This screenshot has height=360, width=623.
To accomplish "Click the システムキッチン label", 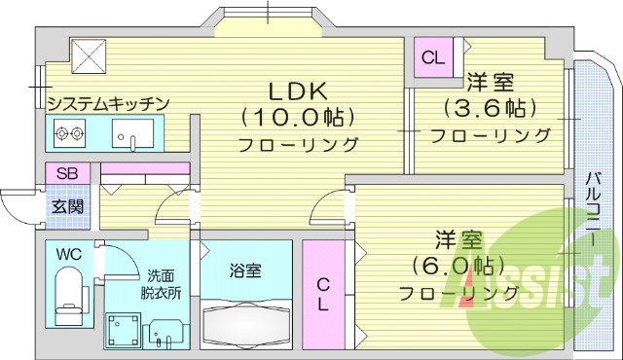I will (109, 103).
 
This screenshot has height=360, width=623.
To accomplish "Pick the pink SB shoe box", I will (67, 173).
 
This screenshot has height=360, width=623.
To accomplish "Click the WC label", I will (68, 255).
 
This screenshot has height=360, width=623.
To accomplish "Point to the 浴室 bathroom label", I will (245, 271).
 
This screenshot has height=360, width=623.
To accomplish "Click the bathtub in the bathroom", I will (246, 322).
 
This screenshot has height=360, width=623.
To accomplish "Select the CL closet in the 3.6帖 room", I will (433, 57).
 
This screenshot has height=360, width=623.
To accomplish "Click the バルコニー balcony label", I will (593, 209).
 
